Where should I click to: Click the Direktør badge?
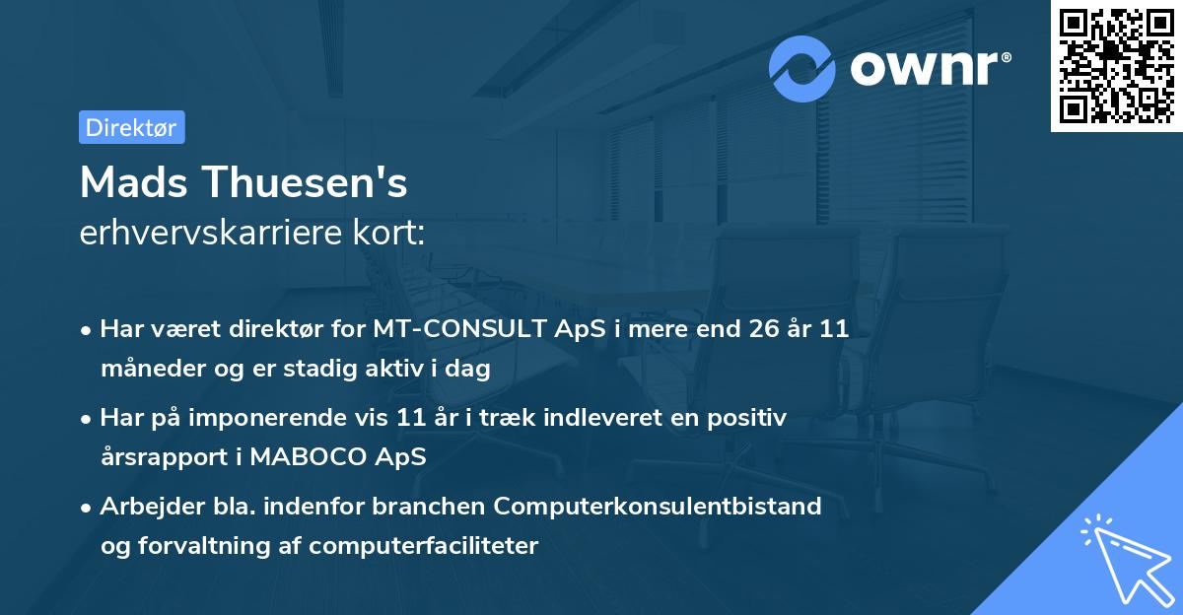click(x=131, y=127)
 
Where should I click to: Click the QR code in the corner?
click(x=1116, y=65)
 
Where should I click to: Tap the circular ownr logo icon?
click(x=802, y=68)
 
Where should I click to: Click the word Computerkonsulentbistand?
click(x=658, y=507)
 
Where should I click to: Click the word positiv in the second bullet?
click(x=751, y=418)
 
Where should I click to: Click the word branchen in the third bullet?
click(x=426, y=507)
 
